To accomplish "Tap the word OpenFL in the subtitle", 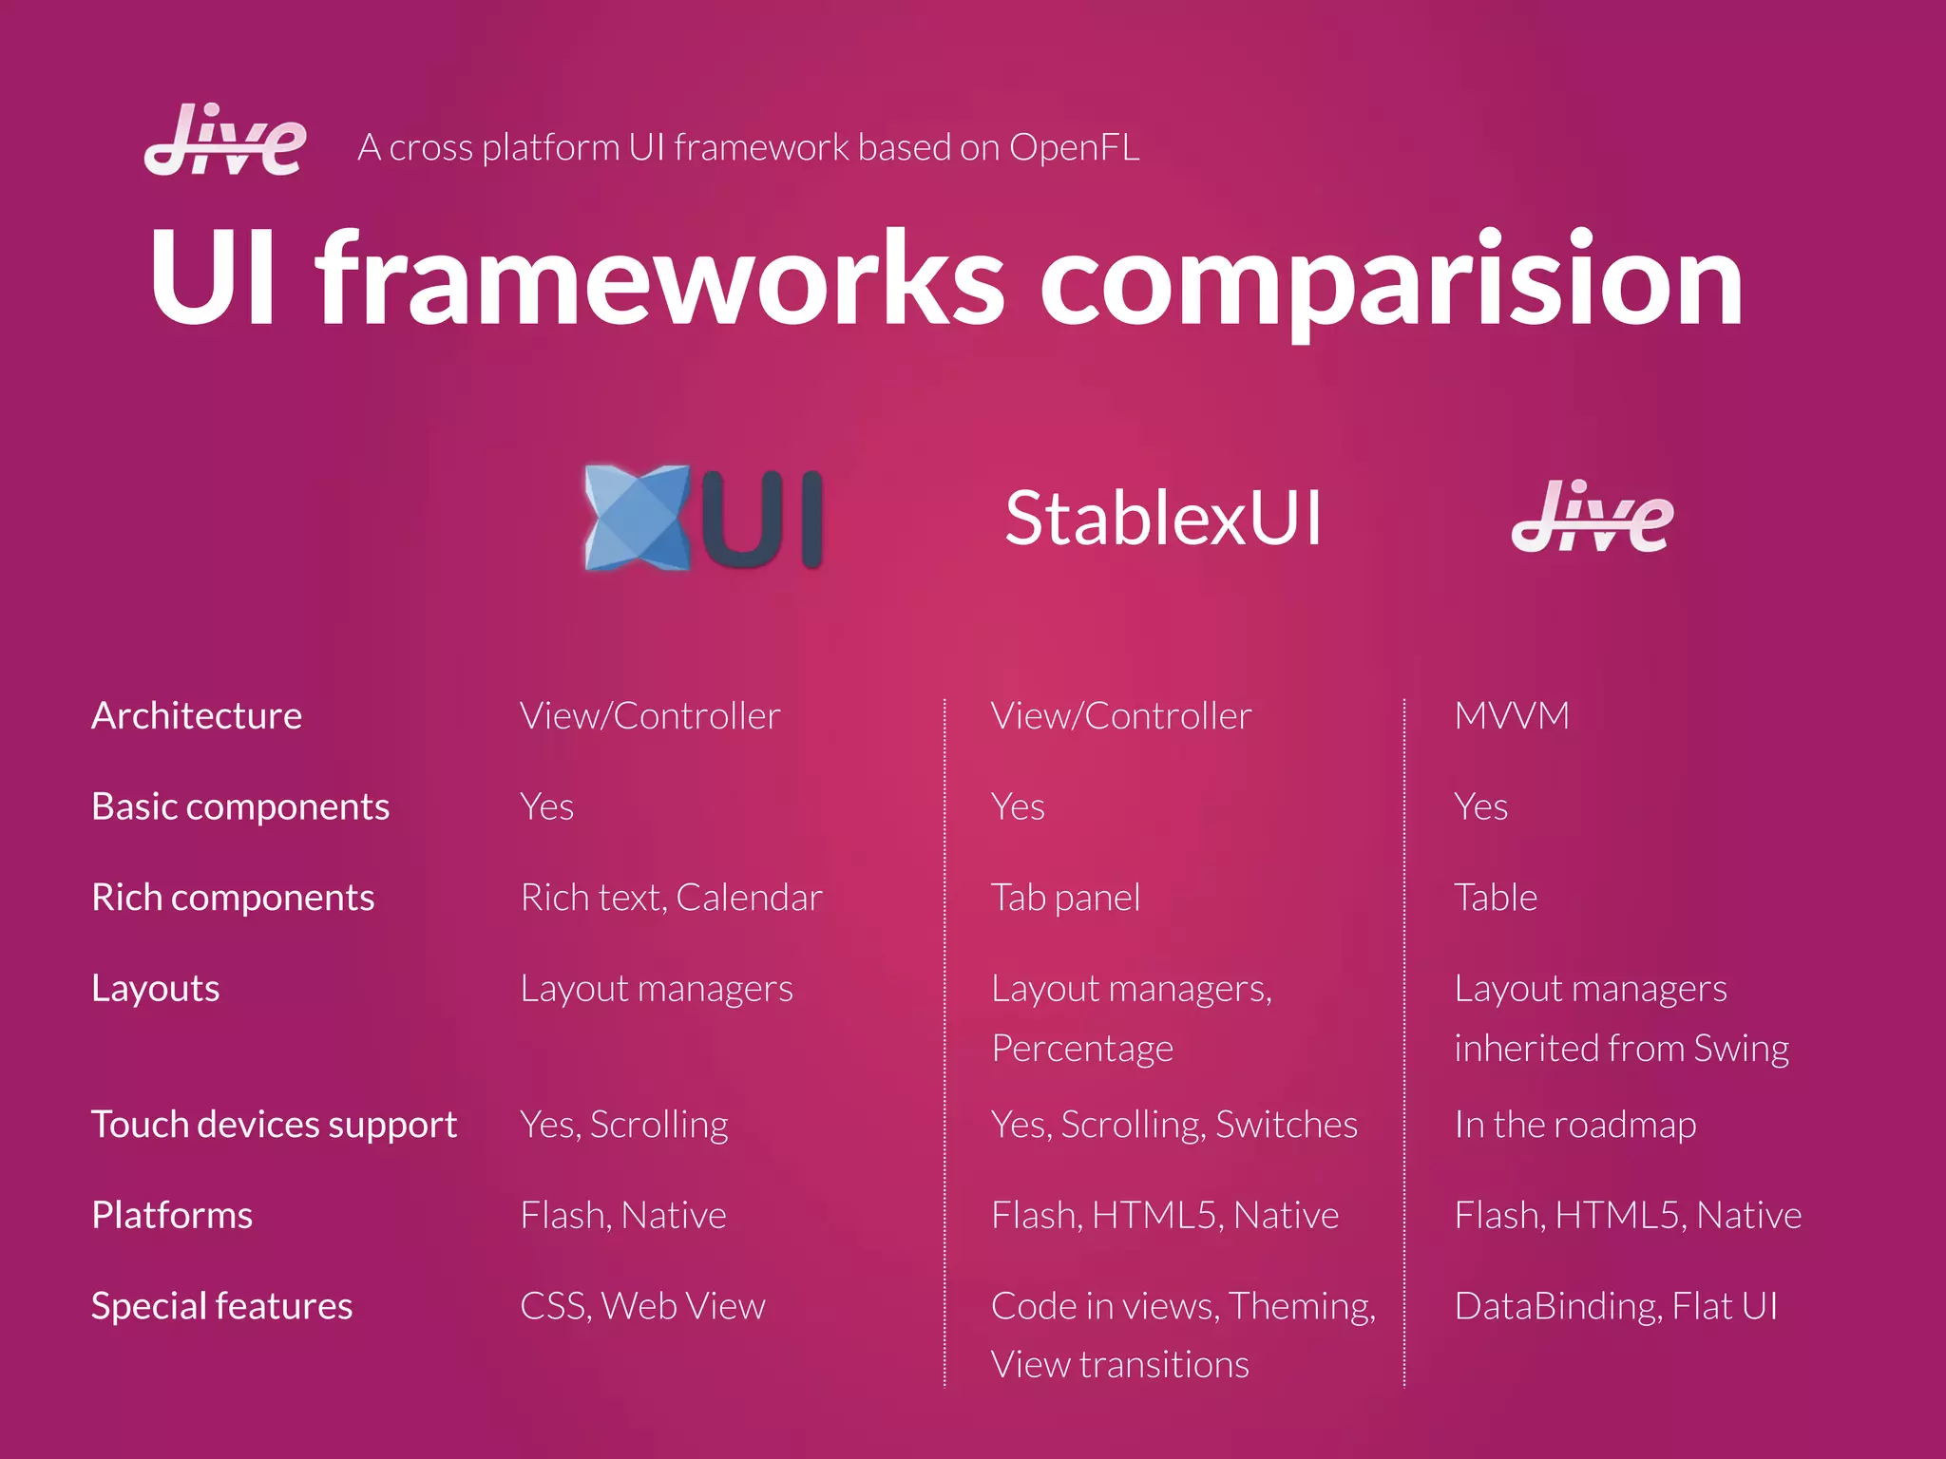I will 1074,147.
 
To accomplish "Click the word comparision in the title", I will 1392,280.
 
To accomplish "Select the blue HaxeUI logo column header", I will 703,518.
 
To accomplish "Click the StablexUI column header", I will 1162,519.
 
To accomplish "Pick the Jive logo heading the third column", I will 1592,518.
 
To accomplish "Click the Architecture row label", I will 197,715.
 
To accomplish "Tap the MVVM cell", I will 1511,715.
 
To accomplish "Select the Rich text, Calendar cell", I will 671,898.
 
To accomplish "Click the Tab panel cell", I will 1065,898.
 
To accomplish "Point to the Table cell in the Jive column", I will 1495,898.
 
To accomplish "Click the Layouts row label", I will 155,989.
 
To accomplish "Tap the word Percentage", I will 1082,1049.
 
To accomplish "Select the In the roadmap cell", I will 1574,1125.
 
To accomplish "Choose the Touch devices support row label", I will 274,1125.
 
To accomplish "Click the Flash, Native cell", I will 622,1216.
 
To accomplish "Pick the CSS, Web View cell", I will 642,1306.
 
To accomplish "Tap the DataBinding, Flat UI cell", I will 1615,1306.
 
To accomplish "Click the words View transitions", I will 1119,1365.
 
